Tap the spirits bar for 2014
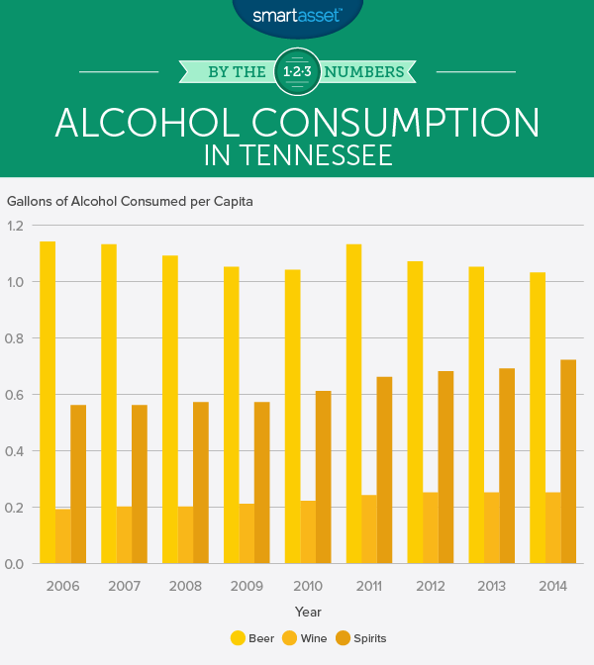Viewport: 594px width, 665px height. click(x=568, y=461)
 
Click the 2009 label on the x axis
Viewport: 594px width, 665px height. click(x=246, y=586)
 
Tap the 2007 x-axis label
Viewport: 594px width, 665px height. click(x=124, y=586)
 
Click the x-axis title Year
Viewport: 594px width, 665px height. click(x=307, y=613)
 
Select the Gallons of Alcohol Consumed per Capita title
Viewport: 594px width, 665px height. click(x=130, y=202)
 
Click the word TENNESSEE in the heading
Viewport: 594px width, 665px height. click(x=323, y=155)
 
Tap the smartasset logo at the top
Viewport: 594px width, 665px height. click(x=297, y=15)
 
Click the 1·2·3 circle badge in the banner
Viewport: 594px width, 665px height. click(x=297, y=71)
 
